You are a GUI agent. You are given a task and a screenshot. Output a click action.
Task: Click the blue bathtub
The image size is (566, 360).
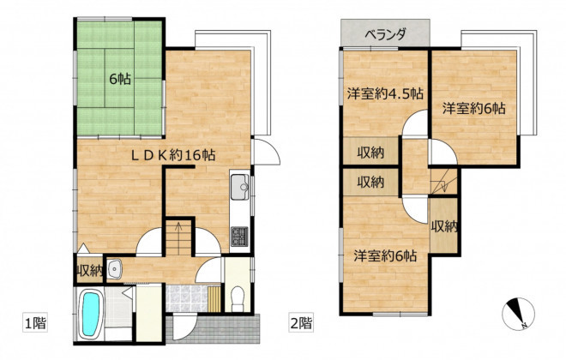pyautogui.click(x=90, y=314)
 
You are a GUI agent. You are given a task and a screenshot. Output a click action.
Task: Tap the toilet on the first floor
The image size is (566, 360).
pyautogui.click(x=238, y=298)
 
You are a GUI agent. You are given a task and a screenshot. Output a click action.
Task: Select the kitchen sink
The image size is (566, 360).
pyautogui.click(x=239, y=187)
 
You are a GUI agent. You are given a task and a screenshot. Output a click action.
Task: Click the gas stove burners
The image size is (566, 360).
pyautogui.click(x=239, y=237)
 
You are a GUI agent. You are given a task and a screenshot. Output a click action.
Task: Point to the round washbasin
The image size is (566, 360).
pyautogui.click(x=115, y=269)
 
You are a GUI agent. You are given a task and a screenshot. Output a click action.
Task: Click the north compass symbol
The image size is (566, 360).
pyautogui.click(x=518, y=314)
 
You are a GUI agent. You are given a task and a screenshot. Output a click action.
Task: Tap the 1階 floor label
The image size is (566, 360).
pyautogui.click(x=35, y=322)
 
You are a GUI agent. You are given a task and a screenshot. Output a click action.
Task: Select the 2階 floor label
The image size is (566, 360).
pyautogui.click(x=301, y=322)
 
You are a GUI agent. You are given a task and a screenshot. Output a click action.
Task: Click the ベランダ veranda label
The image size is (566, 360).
pyautogui.click(x=386, y=34)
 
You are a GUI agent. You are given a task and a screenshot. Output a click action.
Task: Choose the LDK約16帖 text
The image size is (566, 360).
pyautogui.click(x=173, y=155)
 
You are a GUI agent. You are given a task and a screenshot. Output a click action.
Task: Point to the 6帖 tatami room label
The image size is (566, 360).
pyautogui.click(x=120, y=79)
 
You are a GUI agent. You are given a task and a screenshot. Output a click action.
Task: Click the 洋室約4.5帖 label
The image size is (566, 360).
pyautogui.click(x=385, y=93)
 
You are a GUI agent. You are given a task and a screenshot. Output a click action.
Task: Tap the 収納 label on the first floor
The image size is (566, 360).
pyautogui.click(x=89, y=271)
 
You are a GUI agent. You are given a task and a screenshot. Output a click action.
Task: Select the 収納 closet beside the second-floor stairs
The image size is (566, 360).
pyautogui.click(x=444, y=226)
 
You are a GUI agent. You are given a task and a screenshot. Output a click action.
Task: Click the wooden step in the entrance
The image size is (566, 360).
pyautogui.click(x=214, y=299)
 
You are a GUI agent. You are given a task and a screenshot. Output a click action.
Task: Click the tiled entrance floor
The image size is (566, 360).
pyautogui.click(x=187, y=299)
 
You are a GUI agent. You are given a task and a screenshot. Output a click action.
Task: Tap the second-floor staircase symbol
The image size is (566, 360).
pyautogui.click(x=443, y=182)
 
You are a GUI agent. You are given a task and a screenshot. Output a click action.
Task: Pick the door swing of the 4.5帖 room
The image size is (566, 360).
pyautogui.click(x=415, y=123)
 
